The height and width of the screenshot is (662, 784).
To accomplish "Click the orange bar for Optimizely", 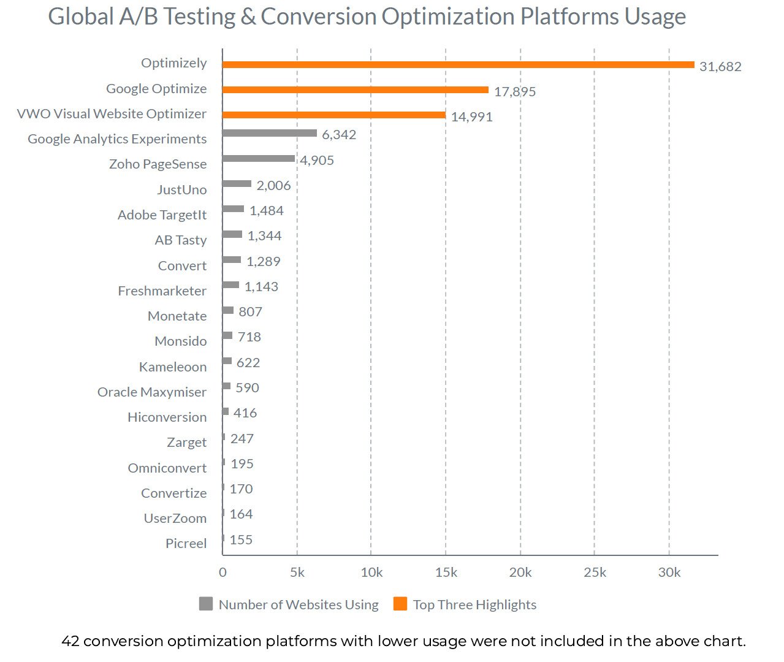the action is [x=458, y=64].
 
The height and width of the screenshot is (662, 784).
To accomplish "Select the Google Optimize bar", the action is [x=355, y=89].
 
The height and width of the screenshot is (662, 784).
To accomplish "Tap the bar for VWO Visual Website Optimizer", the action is [x=334, y=115].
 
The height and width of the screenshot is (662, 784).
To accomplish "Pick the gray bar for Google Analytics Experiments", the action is [x=270, y=133].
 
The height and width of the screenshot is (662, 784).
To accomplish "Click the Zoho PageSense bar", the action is [x=259, y=158].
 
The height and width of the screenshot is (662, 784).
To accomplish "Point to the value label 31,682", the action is [x=720, y=66].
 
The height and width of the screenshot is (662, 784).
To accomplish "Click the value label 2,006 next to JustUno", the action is [x=273, y=186].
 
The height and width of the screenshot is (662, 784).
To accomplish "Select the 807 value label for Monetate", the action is [x=250, y=311].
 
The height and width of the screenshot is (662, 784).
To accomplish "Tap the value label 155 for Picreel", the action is [x=241, y=539].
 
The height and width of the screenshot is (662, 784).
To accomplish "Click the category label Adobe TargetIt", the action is [x=162, y=215].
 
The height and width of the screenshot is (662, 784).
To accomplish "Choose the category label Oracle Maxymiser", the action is [x=151, y=392].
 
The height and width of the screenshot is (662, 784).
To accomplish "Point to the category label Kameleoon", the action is [x=173, y=367].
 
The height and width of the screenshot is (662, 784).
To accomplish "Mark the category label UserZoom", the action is [x=175, y=518].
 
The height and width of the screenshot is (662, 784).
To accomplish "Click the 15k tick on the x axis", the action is [x=446, y=573].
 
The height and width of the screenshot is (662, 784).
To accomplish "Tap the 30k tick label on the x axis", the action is [x=669, y=573].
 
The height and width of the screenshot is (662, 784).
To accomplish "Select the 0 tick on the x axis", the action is [x=223, y=573].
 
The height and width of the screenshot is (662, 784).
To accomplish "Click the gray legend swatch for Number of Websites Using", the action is [x=206, y=604].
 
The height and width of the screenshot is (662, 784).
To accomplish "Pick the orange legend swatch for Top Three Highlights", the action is [x=400, y=604].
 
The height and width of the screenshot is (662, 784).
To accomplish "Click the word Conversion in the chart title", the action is [x=318, y=17].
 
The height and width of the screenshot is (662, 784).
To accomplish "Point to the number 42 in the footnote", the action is [x=70, y=641].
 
